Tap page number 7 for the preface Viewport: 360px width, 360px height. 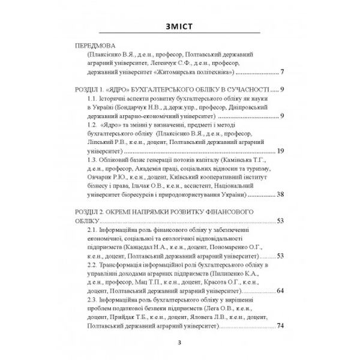coord(281,73)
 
